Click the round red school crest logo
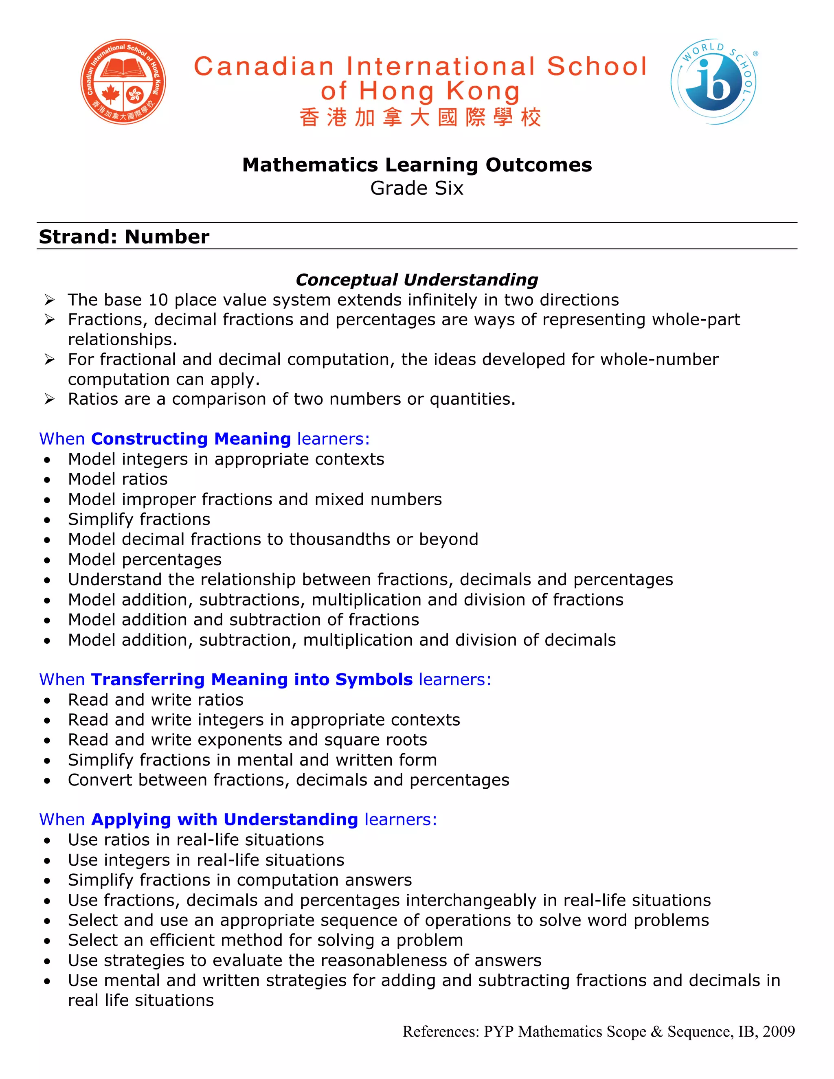tap(123, 81)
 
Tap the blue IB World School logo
tap(713, 81)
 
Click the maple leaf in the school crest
tap(111, 93)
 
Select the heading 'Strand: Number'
tap(124, 237)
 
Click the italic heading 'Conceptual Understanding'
tap(417, 280)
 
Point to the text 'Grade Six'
tap(417, 188)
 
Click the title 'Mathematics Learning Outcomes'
tap(417, 165)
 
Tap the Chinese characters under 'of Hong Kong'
tap(420, 118)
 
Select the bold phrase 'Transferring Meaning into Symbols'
tap(252, 679)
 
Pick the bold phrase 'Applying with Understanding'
tap(224, 819)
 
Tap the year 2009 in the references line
tap(779, 1032)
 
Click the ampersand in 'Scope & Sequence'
tap(656, 1032)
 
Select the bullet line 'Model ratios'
tap(118, 479)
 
